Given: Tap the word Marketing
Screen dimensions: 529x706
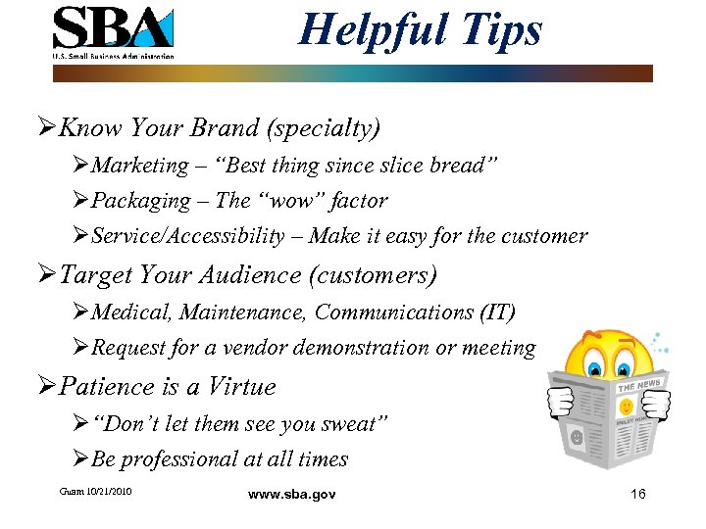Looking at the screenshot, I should tap(139, 166).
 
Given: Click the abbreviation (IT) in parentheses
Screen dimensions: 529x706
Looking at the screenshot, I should tap(495, 313).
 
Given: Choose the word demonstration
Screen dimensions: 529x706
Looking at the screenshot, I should tap(374, 348).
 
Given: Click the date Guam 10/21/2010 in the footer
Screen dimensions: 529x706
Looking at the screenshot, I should tap(95, 490).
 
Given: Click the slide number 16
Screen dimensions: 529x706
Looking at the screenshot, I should tap(637, 494).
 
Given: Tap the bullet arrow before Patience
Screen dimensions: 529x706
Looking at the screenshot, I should tap(49, 388).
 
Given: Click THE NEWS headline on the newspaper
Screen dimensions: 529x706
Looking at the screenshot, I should tap(639, 385).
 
